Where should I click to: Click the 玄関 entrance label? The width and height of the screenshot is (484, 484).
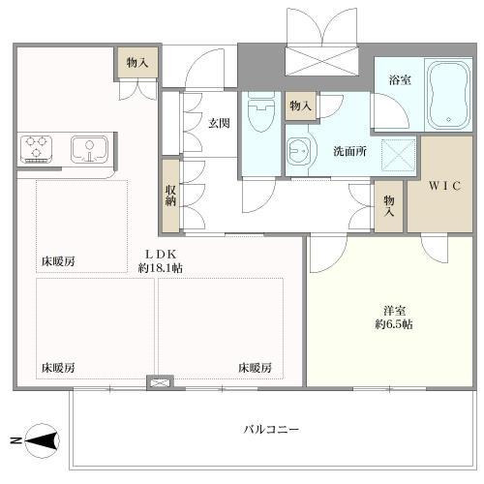click(x=217, y=123)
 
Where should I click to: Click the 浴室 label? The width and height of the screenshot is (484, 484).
click(x=400, y=79)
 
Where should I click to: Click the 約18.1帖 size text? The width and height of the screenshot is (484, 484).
click(x=161, y=268)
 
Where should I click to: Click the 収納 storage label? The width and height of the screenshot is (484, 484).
click(x=170, y=195)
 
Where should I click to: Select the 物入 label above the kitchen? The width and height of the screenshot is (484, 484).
click(x=136, y=62)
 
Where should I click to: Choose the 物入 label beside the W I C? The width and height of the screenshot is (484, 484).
click(x=389, y=202)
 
